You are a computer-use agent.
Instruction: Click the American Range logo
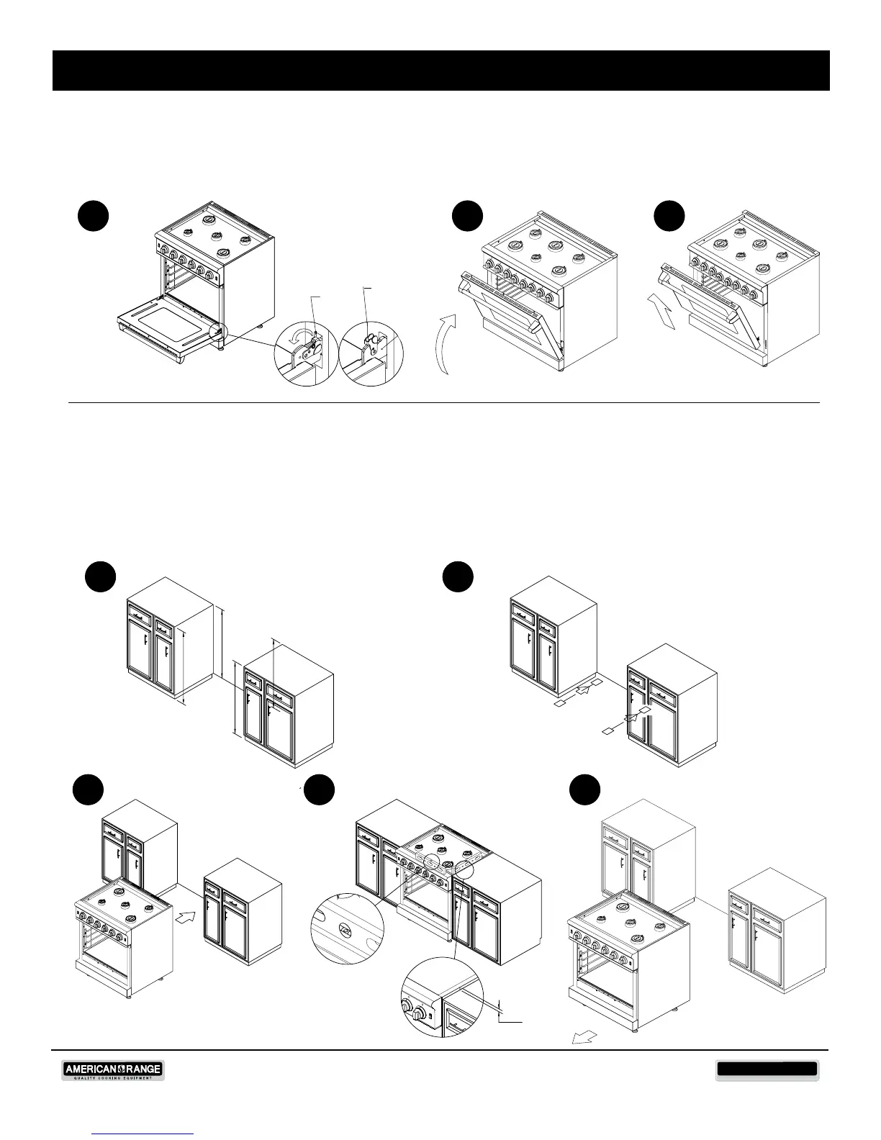[113, 1071]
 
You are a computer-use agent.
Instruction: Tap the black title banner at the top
[440, 71]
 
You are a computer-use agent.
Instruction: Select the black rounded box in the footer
[767, 1069]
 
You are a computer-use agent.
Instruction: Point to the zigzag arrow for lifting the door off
[662, 312]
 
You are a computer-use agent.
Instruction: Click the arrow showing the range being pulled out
[584, 1037]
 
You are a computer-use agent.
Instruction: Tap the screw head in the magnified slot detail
[345, 931]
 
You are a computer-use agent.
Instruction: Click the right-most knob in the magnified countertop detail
[418, 1015]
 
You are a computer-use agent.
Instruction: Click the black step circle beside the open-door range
[94, 216]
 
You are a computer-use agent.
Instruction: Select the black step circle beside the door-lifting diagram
[669, 216]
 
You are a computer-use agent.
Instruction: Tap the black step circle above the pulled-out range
[585, 790]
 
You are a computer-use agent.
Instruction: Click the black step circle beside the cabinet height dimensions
[100, 576]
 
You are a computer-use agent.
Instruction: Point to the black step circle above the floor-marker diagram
[458, 576]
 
